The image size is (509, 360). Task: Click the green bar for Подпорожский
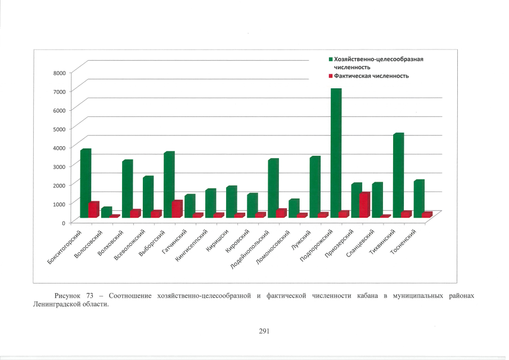coord(335,152)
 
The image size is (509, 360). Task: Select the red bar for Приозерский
coord(364,205)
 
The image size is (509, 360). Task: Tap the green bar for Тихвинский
coord(398,174)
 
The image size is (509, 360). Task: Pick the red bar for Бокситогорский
coord(93,210)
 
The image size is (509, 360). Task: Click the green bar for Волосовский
coord(106,212)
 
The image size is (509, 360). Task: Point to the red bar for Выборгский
coord(177,209)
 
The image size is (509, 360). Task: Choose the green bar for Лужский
coord(314,186)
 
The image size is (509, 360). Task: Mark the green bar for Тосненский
coord(418,198)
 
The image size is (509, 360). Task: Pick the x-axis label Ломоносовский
coord(277,249)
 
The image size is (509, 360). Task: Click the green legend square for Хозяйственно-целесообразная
coord(331,58)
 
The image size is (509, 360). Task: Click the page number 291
coord(265,331)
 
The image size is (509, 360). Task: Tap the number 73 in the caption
coord(91,296)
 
